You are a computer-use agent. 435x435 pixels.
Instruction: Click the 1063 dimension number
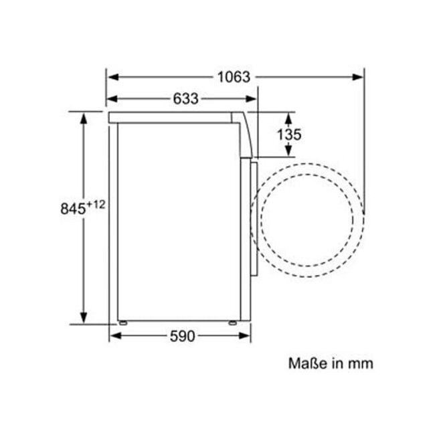coord(234,77)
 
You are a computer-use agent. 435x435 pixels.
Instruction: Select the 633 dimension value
coord(185,99)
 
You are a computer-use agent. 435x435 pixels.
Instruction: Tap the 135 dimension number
coord(289,135)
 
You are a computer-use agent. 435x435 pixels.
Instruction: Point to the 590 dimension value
coord(182,336)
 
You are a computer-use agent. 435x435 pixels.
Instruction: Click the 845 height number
coord(73,209)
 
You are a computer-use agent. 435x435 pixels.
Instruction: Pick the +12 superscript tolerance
coord(96,205)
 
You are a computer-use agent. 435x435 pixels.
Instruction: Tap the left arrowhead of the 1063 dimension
coord(113,77)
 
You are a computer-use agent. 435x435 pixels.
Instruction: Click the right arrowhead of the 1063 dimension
coord(357,77)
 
